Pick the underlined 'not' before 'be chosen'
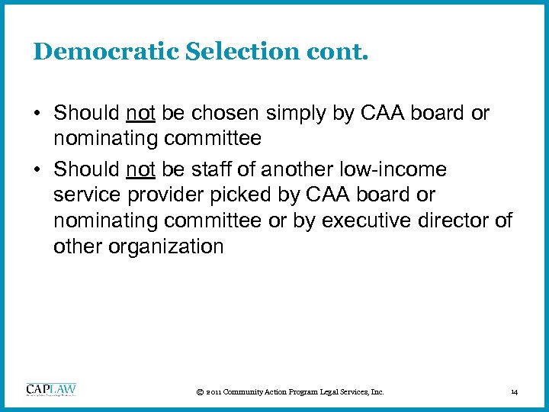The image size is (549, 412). [140, 114]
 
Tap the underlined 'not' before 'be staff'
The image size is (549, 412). [140, 169]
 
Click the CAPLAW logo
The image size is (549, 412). [51, 390]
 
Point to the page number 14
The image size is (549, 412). [515, 392]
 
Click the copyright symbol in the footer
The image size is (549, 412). [199, 392]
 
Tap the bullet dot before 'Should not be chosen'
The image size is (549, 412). [37, 114]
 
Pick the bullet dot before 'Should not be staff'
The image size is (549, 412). [37, 169]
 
